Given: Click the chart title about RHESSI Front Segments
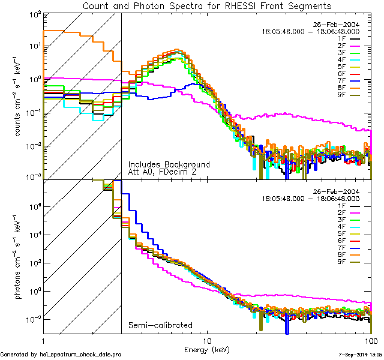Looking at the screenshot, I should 206,6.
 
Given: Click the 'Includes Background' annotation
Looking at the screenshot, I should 169,164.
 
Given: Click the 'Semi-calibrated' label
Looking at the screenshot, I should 160,325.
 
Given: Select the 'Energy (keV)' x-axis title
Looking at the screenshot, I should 208,349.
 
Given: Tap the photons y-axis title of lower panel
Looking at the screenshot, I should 17,258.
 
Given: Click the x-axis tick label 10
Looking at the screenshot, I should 208,340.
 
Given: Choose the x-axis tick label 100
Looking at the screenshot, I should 371,340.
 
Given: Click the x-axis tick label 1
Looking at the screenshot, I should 43,340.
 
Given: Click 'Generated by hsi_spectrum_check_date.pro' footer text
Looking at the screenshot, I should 53,355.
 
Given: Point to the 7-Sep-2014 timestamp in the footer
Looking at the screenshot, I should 354,355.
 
